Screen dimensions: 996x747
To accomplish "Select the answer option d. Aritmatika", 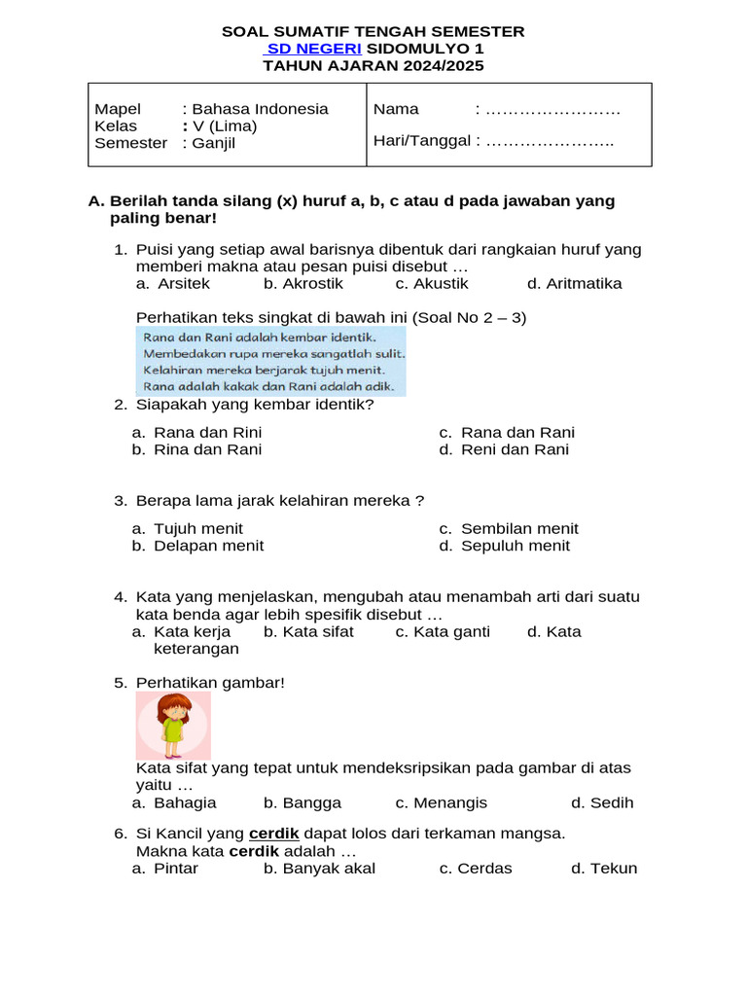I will [574, 284].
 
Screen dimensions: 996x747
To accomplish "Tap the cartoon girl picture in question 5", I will [173, 726].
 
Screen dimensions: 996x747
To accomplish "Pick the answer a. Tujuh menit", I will [188, 529].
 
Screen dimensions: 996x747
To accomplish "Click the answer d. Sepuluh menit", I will [504, 547].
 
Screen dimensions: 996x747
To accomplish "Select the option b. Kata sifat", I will [308, 632].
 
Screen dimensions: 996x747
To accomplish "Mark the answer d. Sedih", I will [602, 803].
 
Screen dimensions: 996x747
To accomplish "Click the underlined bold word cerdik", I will [273, 834].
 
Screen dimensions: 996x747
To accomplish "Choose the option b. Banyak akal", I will [319, 869].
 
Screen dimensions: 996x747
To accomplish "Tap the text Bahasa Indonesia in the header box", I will [260, 109].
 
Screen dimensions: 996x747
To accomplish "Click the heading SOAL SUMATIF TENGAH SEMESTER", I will [373, 31].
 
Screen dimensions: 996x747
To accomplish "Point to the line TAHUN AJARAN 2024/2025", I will [373, 66].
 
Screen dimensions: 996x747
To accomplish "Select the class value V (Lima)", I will [224, 126].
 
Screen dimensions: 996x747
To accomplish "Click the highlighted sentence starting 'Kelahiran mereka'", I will [265, 370].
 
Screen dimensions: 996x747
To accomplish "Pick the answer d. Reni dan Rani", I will [504, 450].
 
